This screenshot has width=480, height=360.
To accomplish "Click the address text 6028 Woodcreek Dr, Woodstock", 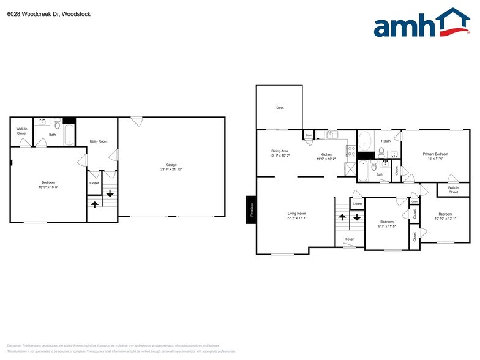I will [46, 13].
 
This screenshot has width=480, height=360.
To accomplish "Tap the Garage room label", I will [171, 165].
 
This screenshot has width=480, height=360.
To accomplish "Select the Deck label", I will [280, 108].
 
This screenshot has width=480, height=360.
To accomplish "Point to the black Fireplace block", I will [250, 209].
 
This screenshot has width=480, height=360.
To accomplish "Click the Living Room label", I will [296, 214].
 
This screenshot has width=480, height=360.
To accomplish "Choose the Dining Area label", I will [280, 151].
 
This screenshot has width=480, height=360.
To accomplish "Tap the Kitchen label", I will [326, 154].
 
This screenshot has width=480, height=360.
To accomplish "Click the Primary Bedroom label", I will [435, 154].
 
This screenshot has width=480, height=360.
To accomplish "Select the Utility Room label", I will [99, 141].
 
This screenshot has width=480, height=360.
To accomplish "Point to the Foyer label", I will [350, 239].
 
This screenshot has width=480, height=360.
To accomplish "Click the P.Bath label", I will [386, 141].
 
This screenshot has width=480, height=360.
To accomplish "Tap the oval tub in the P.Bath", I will [365, 142].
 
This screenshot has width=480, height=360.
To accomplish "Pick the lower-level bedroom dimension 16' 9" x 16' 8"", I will [48, 187].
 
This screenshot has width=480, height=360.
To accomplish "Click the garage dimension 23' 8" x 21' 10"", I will [171, 169].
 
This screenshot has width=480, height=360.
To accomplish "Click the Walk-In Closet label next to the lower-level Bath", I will [21, 131].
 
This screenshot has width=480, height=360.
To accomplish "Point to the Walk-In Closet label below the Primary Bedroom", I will [453, 190].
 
